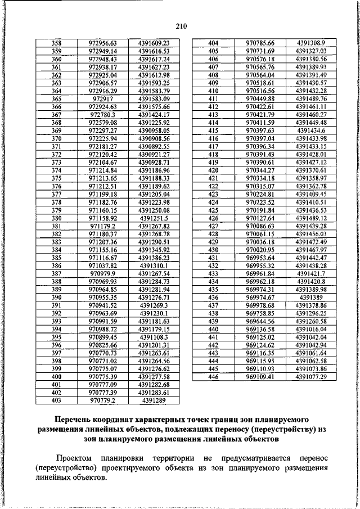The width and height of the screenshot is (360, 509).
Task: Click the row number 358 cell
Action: click(x=56, y=43)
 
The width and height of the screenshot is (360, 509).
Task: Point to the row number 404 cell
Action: click(x=213, y=43)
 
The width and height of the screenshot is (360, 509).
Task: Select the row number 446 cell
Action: click(x=213, y=376)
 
